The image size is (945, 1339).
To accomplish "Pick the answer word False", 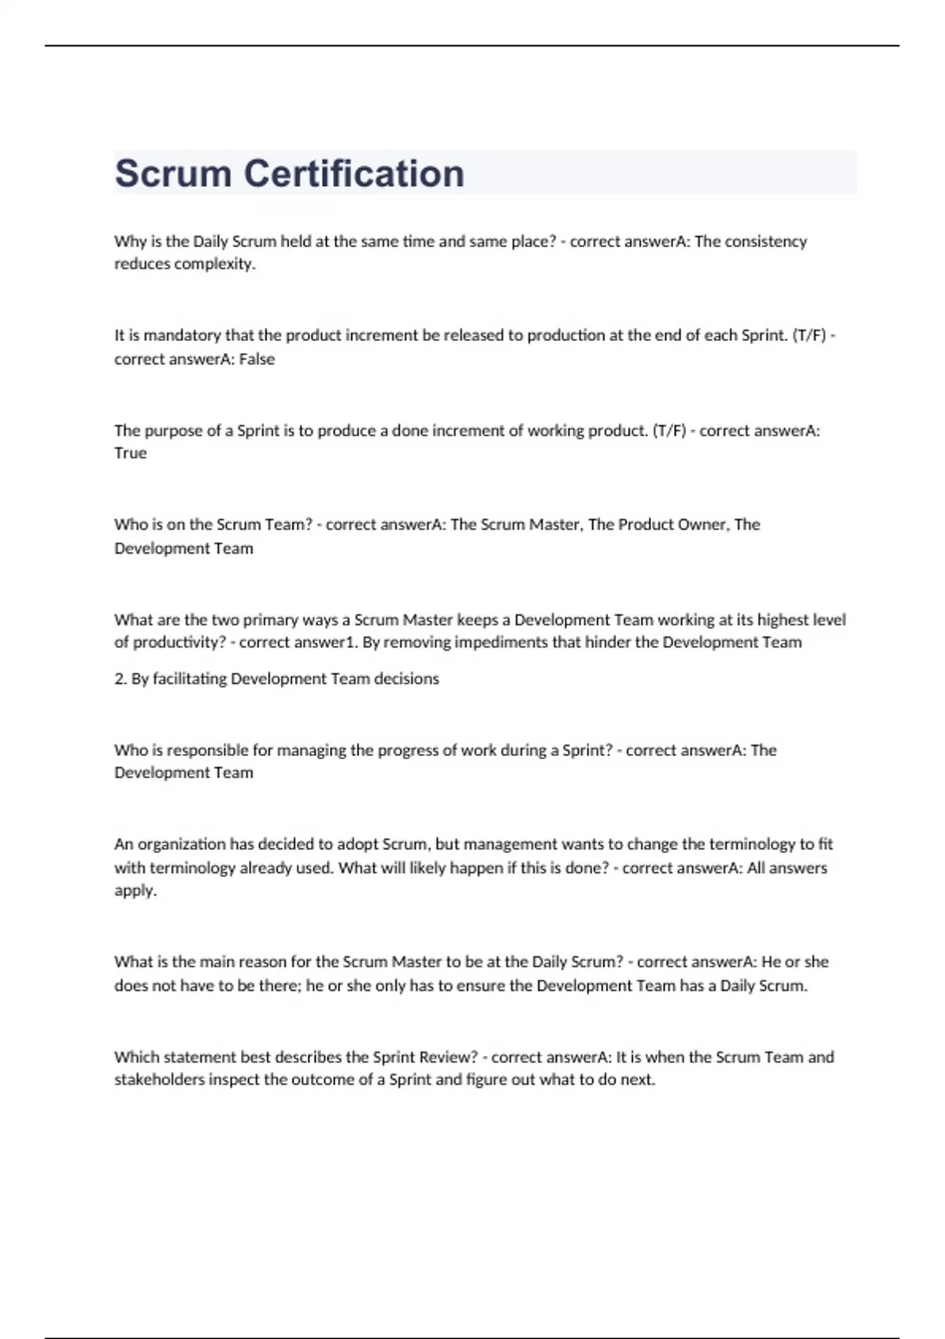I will (257, 359).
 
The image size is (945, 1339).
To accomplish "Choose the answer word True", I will (130, 453).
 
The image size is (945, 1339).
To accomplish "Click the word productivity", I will (179, 642).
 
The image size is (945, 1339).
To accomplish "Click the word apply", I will (135, 891).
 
